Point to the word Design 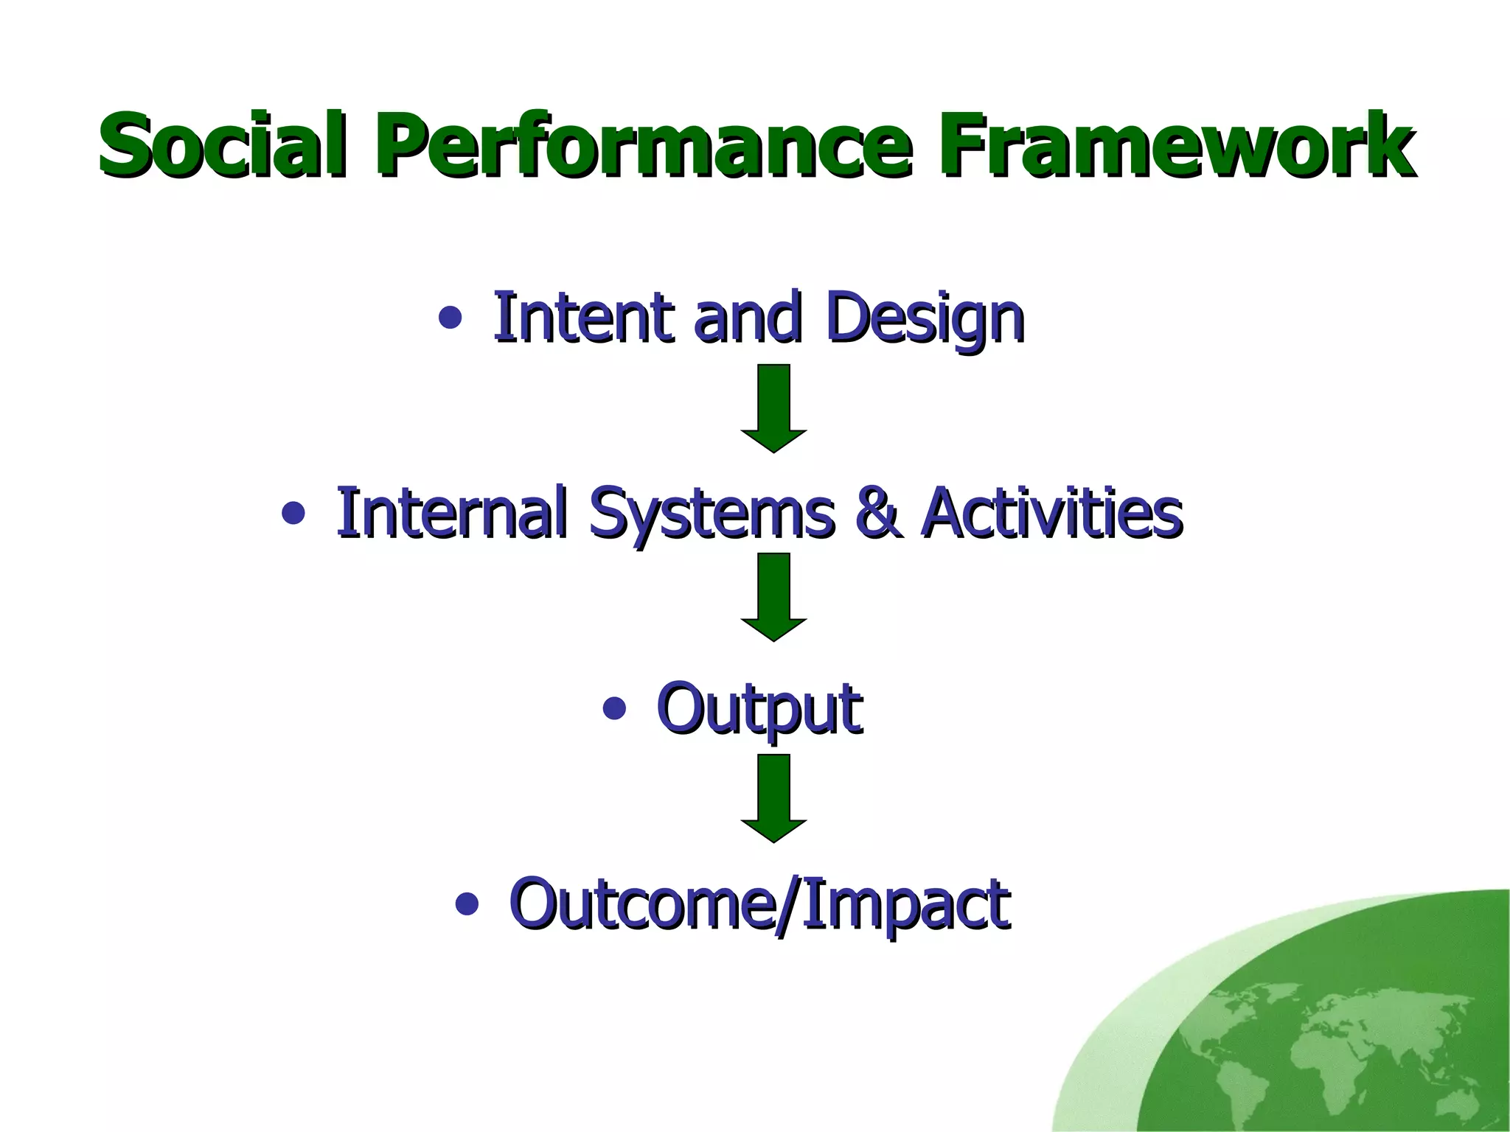(x=925, y=318)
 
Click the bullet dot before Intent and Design (x=450, y=318)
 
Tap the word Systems (x=711, y=513)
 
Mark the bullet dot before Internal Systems (x=293, y=514)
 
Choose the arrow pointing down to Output (x=773, y=597)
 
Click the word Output (x=759, y=709)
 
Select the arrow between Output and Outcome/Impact (x=773, y=797)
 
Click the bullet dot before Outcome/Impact (x=467, y=904)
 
